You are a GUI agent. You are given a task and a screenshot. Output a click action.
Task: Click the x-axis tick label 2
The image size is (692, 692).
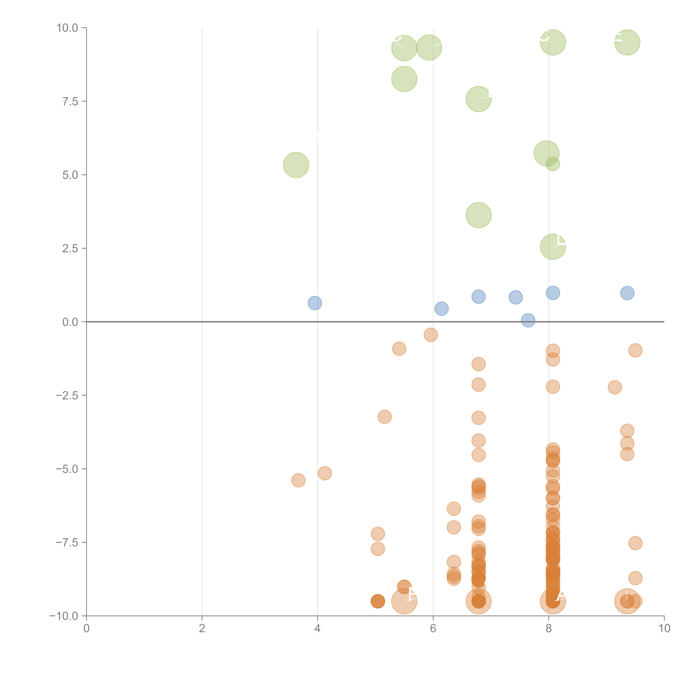point(202,629)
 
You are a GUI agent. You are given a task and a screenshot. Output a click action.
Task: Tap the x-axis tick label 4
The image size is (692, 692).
point(317,629)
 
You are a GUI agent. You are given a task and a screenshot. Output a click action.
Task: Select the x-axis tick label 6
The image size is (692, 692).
point(433,629)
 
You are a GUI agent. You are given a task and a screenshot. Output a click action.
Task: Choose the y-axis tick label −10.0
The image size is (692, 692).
point(64,616)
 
